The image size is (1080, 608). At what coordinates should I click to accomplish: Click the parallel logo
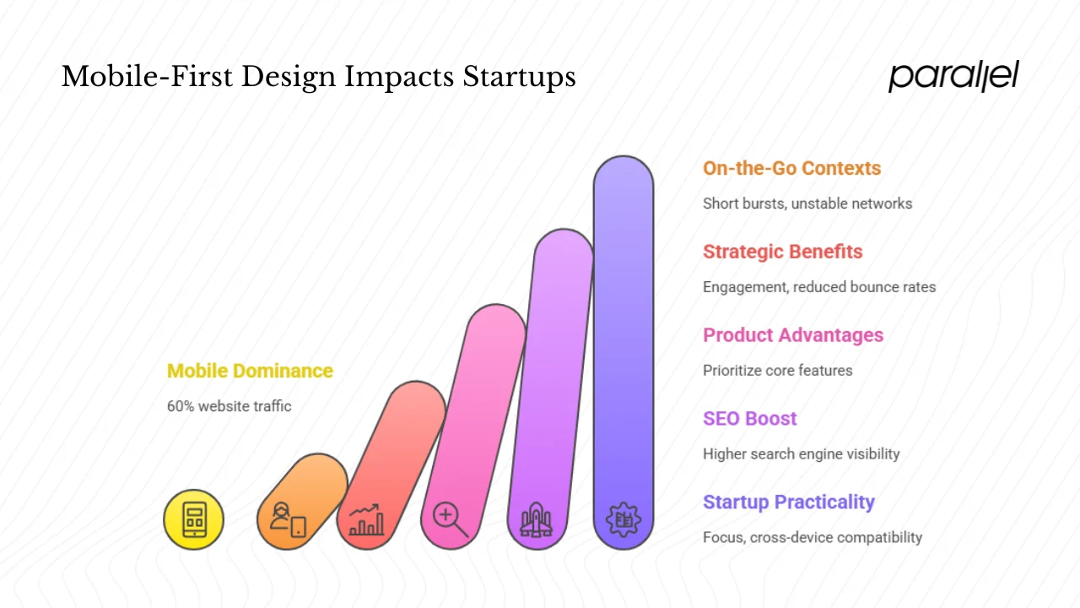[x=953, y=76]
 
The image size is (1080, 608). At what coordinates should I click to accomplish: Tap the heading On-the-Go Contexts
[x=791, y=168]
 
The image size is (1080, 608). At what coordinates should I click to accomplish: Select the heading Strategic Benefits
[x=782, y=252]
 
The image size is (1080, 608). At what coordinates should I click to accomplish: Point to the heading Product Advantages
[x=793, y=335]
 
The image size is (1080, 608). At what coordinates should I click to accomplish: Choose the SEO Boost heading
[x=749, y=419]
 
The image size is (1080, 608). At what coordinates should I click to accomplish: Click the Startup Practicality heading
[x=788, y=502]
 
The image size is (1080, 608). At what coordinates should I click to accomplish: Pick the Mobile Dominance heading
[x=250, y=371]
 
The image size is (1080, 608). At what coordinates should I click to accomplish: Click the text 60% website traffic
[x=229, y=406]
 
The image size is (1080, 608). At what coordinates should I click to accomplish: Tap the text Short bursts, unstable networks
[x=807, y=204]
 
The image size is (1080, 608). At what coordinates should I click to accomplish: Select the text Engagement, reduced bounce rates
[x=818, y=287]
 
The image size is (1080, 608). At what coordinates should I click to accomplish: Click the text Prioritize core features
[x=777, y=371]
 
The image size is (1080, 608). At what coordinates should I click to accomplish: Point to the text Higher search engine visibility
[x=801, y=454]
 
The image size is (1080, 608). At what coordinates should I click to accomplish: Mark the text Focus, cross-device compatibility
[x=812, y=538]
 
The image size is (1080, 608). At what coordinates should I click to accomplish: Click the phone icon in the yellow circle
[x=194, y=519]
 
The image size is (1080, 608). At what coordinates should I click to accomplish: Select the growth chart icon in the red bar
[x=366, y=519]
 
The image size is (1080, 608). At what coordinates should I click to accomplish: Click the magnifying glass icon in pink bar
[x=450, y=519]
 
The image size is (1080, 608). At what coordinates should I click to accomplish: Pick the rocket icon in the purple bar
[x=536, y=519]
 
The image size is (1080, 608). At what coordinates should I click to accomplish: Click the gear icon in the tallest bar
[x=624, y=518]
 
